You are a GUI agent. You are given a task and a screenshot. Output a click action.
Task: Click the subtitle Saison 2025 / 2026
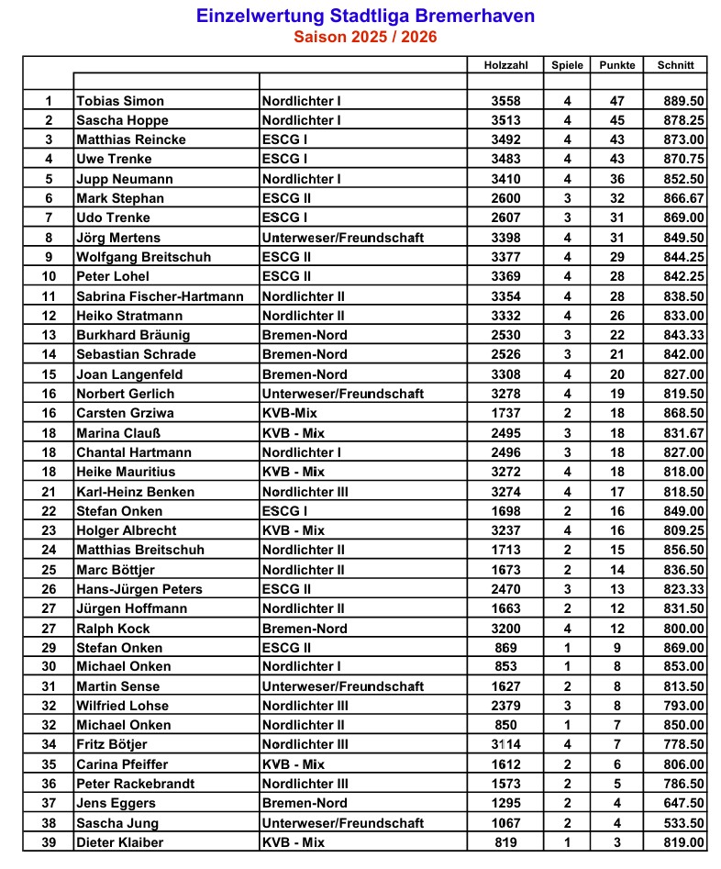point(365,38)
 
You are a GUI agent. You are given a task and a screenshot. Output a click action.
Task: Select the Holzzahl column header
point(505,65)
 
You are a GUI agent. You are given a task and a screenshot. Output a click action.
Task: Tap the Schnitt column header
point(675,65)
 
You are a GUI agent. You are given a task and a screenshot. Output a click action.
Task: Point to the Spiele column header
point(567,65)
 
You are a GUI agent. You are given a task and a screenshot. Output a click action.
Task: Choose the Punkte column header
point(617,65)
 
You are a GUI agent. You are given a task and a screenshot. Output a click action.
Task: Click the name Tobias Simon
point(120,101)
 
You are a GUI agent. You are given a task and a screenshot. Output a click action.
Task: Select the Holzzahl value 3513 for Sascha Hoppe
point(505,120)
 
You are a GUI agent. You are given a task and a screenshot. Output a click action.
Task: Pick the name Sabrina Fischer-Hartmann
point(160,296)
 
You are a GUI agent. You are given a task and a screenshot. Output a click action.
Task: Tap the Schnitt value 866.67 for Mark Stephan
point(683,198)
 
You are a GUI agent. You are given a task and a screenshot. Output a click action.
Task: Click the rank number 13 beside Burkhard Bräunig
point(49,335)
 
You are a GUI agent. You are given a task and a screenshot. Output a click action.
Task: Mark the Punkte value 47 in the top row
point(617,101)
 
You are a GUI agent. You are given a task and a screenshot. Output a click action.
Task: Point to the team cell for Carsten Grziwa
point(289,413)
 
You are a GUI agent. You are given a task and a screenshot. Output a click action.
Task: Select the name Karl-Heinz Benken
point(135,492)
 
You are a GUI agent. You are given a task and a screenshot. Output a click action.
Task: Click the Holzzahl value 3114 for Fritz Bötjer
point(505,744)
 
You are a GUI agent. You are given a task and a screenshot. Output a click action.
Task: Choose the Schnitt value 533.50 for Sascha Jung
point(683,823)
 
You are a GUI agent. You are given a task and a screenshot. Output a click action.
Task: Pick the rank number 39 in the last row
point(49,842)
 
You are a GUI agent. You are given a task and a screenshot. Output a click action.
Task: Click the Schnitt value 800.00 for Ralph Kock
point(683,629)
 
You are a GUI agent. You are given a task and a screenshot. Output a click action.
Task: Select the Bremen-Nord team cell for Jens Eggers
point(305,803)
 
